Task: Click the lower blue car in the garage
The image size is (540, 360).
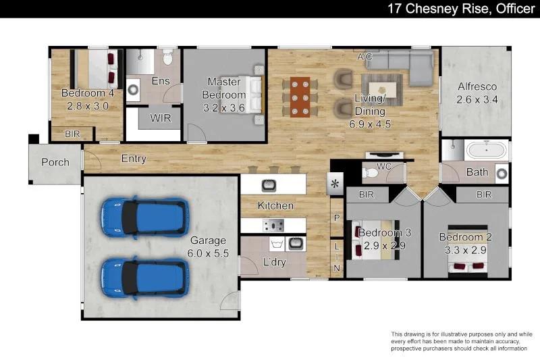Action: click(x=143, y=278)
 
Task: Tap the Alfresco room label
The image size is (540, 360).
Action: click(x=477, y=86)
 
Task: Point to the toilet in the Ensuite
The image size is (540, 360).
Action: click(x=168, y=58)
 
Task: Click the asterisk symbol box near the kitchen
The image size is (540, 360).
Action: click(x=335, y=184)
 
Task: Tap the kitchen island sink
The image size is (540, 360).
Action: click(x=269, y=184)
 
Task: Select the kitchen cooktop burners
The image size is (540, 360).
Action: click(x=273, y=225)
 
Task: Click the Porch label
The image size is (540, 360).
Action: click(x=55, y=162)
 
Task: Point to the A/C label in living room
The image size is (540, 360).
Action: click(x=365, y=57)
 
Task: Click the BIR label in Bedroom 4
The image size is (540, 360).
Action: click(x=72, y=134)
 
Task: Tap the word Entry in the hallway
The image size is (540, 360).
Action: click(x=134, y=159)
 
